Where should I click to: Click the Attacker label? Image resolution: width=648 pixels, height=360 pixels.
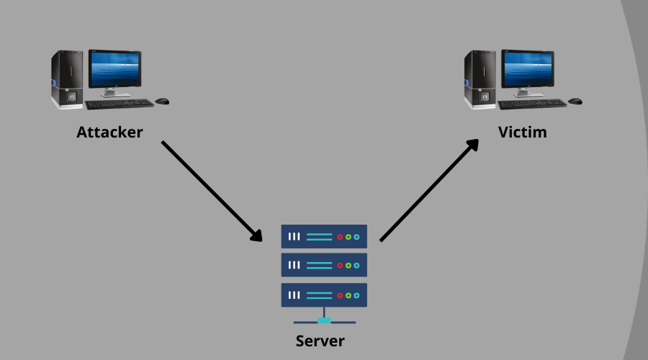109,132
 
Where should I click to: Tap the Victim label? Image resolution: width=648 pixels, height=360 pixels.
522,132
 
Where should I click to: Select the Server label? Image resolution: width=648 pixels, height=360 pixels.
320,341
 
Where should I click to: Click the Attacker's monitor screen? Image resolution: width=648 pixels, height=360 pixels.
114,69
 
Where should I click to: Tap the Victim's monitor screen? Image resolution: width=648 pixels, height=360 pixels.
527,69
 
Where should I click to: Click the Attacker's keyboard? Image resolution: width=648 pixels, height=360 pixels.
119,104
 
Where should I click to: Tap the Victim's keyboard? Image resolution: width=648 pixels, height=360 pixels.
531,104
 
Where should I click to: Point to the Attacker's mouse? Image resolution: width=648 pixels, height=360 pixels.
162,102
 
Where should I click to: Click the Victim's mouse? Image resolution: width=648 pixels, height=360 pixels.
575,102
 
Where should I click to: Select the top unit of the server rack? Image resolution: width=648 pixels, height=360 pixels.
324,236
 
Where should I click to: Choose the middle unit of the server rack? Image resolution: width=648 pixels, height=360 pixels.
324,265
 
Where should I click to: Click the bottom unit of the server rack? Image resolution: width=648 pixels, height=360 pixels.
324,294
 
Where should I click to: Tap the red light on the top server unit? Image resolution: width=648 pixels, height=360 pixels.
340,236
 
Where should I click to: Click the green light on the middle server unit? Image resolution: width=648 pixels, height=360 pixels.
348,265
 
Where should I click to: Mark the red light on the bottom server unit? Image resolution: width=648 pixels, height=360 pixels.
340,294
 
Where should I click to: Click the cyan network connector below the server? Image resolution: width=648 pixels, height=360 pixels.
324,320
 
